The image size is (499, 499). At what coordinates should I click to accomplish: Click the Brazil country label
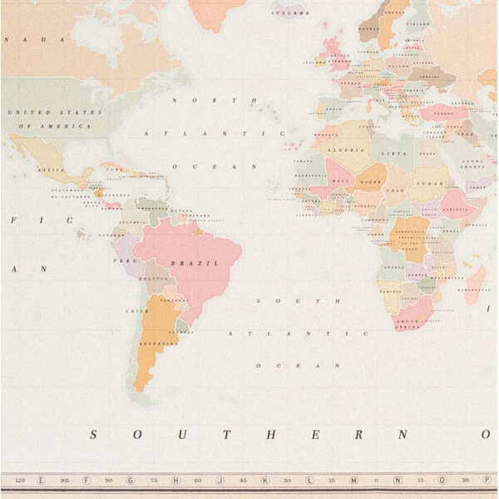183,263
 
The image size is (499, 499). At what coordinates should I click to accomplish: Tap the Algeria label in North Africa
350,150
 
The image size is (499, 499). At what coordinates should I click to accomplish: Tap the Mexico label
52,169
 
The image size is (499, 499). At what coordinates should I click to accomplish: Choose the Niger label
372,180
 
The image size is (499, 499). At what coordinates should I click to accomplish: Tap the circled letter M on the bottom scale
353,480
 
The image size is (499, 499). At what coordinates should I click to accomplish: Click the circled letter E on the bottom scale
41,480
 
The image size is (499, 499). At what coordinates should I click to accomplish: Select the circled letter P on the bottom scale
486,480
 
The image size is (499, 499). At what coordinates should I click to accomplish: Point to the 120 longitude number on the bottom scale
19,480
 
